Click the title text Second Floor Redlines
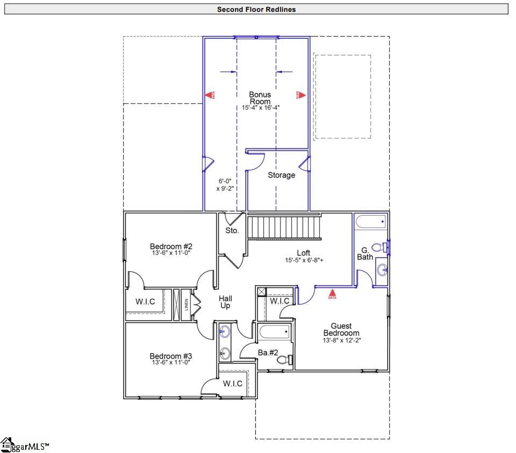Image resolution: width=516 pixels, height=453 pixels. (x=256, y=9)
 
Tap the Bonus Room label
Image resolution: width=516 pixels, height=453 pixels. (x=260, y=98)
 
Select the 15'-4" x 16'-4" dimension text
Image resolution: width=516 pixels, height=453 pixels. (x=261, y=108)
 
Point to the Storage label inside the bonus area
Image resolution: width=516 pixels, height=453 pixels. (x=281, y=175)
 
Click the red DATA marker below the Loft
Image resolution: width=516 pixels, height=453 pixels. (x=332, y=294)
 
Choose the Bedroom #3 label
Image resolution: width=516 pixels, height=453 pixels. (x=171, y=356)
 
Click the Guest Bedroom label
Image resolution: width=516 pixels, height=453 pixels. (x=341, y=329)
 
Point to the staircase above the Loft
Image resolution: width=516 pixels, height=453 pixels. (x=284, y=226)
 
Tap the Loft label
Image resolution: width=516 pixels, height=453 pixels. (x=304, y=253)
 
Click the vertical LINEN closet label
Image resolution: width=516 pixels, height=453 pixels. (x=187, y=305)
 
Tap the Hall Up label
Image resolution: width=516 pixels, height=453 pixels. (x=225, y=302)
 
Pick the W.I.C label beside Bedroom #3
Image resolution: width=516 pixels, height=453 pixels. (x=233, y=384)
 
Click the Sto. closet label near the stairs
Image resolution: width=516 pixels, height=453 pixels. (x=232, y=231)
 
